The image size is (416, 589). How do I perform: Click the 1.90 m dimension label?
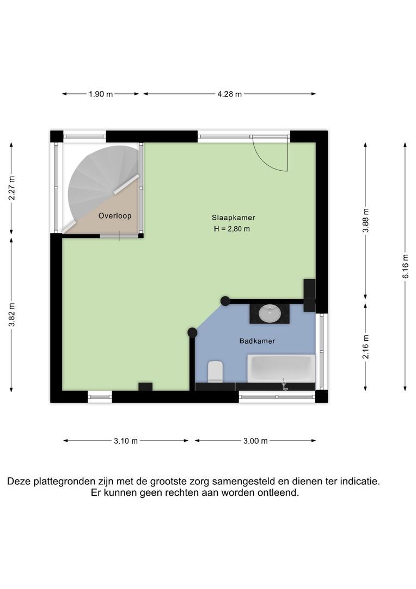[x=101, y=94]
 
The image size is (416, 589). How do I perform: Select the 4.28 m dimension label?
[x=229, y=94]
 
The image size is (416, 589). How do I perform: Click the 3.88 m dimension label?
[x=366, y=220]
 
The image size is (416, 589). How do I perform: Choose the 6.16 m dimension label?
[x=405, y=266]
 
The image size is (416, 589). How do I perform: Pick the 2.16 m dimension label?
[x=366, y=347]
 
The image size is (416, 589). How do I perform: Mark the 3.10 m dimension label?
[x=126, y=441]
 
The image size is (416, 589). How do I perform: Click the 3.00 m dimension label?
[x=255, y=441]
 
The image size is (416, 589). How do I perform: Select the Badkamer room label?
[x=257, y=341]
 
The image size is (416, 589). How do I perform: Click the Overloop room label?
[x=115, y=216]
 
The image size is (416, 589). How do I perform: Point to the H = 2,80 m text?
[x=232, y=229]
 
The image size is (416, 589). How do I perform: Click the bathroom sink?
[x=270, y=314]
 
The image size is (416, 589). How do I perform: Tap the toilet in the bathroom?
[x=216, y=372]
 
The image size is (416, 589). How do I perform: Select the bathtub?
[x=281, y=369]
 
